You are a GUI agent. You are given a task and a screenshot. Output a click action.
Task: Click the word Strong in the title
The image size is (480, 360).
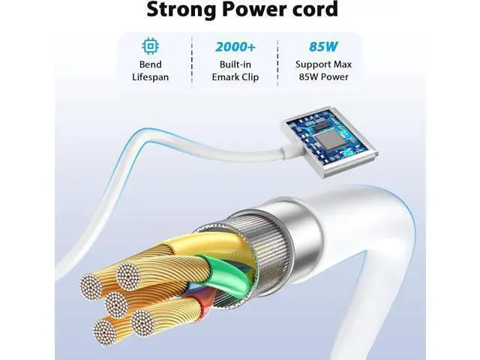pos(181,10)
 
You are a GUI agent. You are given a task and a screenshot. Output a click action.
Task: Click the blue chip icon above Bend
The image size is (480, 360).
pos(150,46)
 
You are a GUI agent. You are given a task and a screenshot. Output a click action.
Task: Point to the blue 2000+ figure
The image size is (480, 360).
pos(235,46)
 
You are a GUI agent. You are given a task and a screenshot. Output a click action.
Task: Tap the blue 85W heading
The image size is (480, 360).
pos(323,46)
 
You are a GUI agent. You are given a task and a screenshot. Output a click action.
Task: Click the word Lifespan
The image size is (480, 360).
pos(150,77)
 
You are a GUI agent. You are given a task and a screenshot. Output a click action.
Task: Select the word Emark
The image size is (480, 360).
pos(224,77)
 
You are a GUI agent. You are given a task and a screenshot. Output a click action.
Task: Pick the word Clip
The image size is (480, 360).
pos(250,77)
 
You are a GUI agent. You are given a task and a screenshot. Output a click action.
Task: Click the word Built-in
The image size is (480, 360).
pos(235,64)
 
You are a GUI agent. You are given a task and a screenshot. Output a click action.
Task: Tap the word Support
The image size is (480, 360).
pos(311,65)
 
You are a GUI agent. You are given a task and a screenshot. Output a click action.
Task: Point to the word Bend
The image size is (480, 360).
pos(150,64)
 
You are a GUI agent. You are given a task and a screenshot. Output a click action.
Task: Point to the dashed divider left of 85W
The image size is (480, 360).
pos(277,62)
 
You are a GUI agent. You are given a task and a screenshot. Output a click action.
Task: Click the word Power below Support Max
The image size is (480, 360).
pos(331,76)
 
